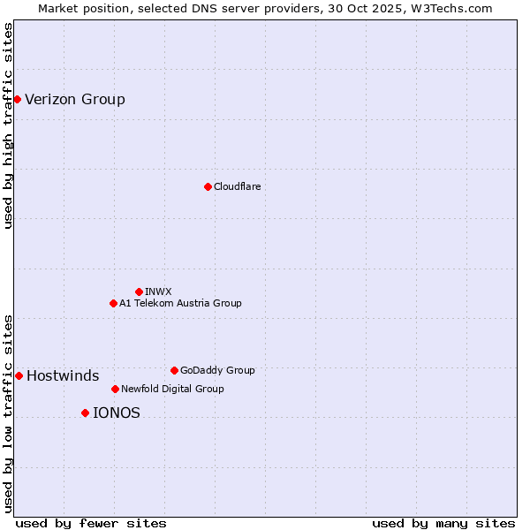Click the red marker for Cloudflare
(208, 186)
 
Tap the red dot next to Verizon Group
(17, 99)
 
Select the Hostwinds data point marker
(19, 375)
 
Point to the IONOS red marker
(85, 413)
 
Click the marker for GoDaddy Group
(174, 370)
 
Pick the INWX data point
(139, 291)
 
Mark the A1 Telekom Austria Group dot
(113, 303)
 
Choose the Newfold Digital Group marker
(115, 389)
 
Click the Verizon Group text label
(75, 99)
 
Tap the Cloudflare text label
(237, 186)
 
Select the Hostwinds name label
(63, 375)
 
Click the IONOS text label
(117, 413)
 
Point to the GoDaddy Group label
(217, 370)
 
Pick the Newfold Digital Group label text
(172, 389)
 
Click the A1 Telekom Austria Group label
(180, 303)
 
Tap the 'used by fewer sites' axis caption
(91, 523)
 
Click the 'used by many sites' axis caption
(443, 523)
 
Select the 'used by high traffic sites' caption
(9, 125)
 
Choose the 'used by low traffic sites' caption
(9, 413)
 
